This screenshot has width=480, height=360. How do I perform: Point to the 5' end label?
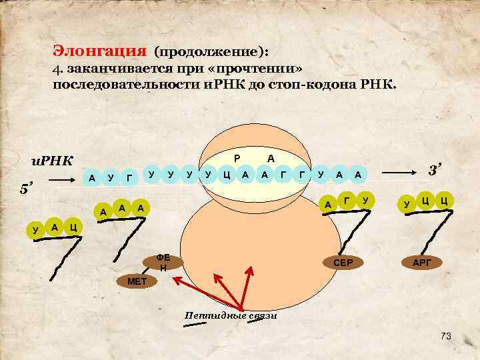click(25, 191)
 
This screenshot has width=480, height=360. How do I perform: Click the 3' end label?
click(435, 171)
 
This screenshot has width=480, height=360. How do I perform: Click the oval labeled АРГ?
click(422, 263)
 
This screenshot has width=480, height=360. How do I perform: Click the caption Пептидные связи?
click(231, 315)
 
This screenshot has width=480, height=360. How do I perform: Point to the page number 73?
click(446, 337)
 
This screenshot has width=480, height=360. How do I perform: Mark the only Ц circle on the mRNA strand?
click(227, 175)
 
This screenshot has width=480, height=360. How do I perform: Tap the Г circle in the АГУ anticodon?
click(346, 199)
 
